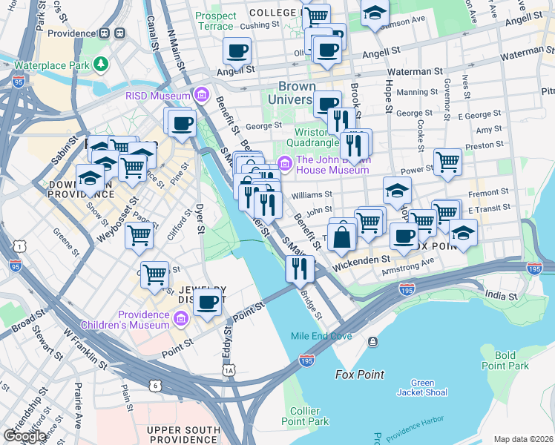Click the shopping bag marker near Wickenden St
[342, 237]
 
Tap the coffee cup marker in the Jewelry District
[208, 302]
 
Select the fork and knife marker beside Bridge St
[299, 268]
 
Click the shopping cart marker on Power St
[447, 161]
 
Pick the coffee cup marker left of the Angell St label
[237, 51]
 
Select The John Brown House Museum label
[332, 164]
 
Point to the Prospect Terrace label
[214, 21]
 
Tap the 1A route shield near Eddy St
[229, 369]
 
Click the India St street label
[500, 297]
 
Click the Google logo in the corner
[25, 435]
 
